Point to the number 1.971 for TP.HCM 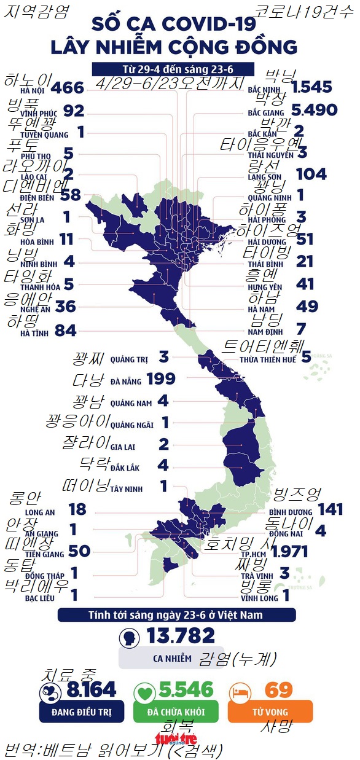coord(289,552)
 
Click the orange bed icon coord(240,693)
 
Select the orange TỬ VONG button coord(270,711)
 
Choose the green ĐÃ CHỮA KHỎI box coord(176,711)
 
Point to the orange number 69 coord(279,689)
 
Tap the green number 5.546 coord(186,689)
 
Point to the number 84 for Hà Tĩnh coord(66,332)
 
